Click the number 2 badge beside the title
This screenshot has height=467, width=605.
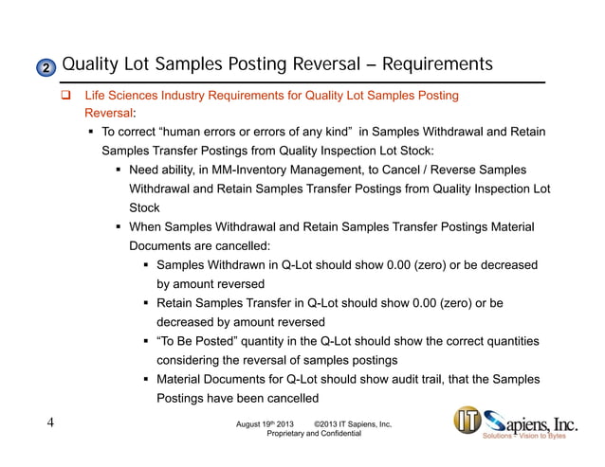coord(44,67)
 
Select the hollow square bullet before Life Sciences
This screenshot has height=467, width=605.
coord(66,97)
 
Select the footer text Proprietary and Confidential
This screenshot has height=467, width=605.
coord(315,433)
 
